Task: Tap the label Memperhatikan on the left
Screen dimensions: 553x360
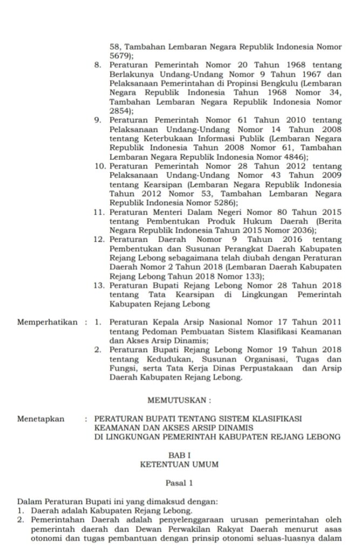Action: click(47, 322)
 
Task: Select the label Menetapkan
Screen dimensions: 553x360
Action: click(40, 419)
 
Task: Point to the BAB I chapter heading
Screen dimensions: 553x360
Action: click(179, 455)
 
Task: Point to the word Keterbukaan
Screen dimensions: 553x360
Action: click(163, 139)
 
